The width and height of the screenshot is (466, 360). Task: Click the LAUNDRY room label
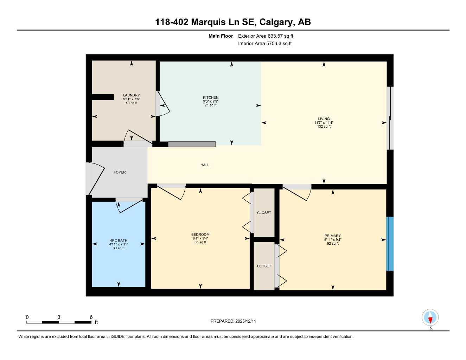click(131, 95)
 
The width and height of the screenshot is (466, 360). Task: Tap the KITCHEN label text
click(210, 97)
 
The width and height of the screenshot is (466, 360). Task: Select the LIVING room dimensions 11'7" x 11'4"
click(324, 123)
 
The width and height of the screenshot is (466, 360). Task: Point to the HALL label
click(205, 165)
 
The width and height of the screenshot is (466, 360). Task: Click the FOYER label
click(120, 172)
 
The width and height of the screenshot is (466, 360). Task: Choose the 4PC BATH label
click(119, 240)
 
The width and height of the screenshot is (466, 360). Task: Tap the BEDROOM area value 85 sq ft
click(200, 242)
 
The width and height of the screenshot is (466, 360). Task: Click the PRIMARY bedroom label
click(332, 236)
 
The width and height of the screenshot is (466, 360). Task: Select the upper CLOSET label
click(264, 213)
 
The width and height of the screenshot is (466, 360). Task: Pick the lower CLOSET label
click(264, 266)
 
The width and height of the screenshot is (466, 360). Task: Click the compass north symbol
click(430, 318)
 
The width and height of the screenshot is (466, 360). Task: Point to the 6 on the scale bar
click(91, 317)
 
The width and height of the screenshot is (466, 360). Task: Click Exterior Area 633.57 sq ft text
click(266, 36)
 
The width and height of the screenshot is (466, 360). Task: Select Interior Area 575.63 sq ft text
click(265, 44)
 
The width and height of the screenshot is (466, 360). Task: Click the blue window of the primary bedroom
click(390, 244)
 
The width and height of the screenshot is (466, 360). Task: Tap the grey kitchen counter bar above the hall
click(192, 144)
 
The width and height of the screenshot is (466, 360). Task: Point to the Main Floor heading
click(221, 36)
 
